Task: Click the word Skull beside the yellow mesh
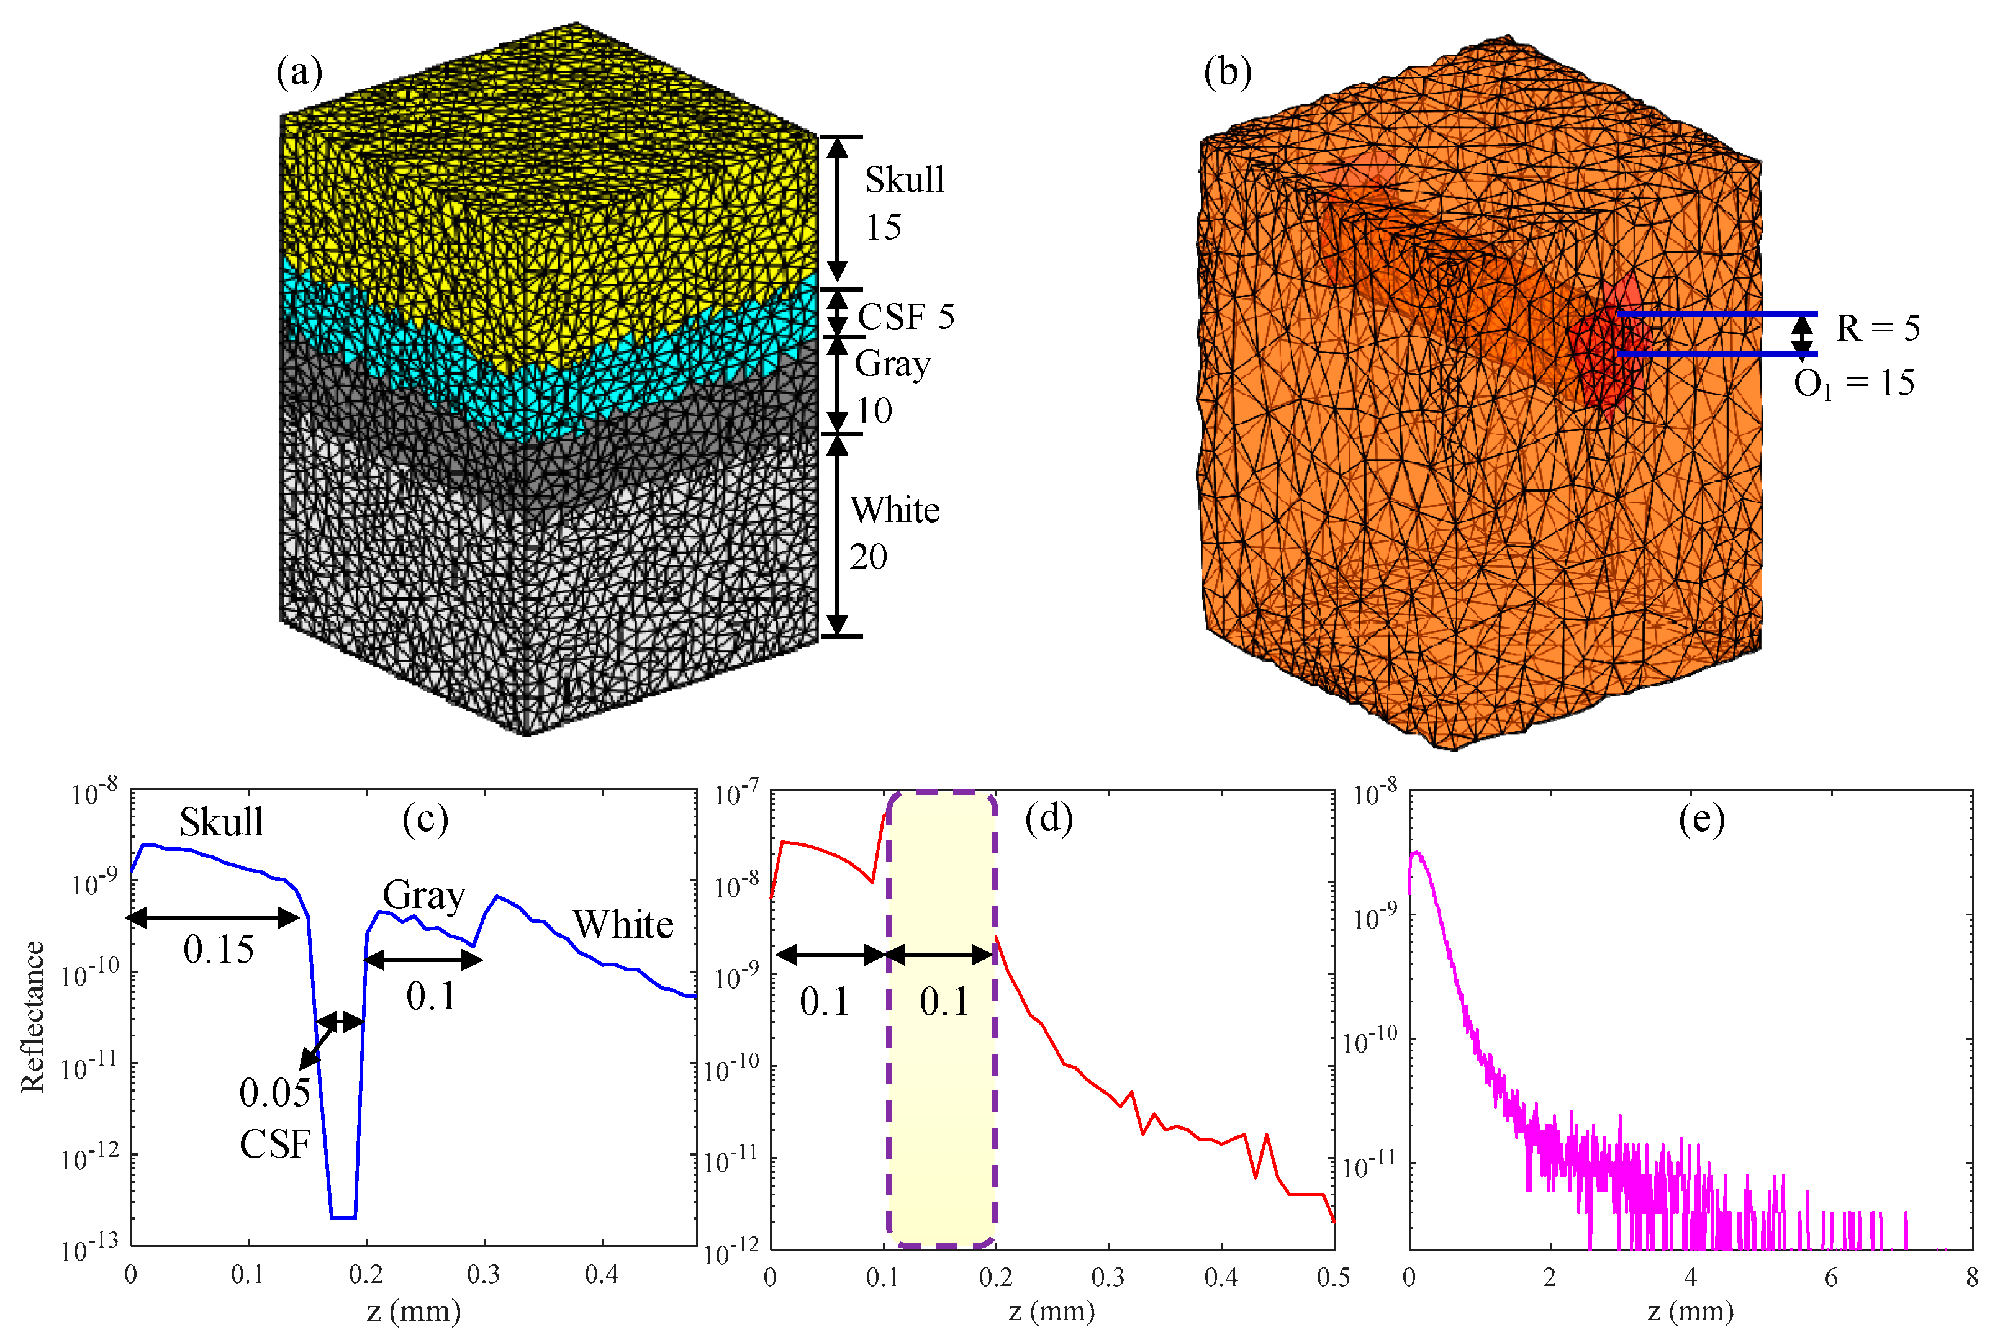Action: tap(903, 179)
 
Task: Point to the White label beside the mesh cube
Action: tap(894, 510)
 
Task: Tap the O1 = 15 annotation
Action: tap(1853, 384)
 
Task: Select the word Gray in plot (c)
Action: tap(424, 896)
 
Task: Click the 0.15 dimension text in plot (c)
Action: tap(218, 950)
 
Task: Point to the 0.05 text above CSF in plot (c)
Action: tap(274, 1093)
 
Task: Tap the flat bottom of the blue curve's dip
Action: tap(343, 1217)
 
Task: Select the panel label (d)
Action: tap(1048, 819)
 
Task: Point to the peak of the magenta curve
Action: tap(1416, 852)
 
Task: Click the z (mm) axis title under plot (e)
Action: tap(1690, 1311)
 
